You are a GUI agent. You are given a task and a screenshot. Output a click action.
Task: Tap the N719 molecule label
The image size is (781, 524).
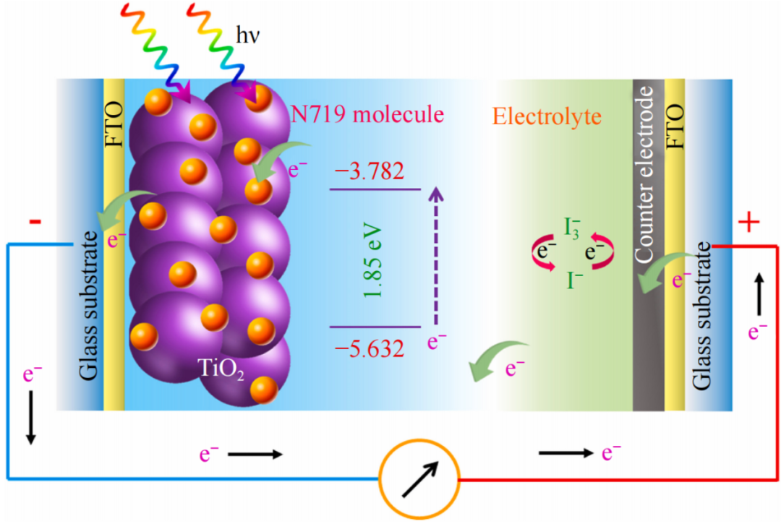[367, 114]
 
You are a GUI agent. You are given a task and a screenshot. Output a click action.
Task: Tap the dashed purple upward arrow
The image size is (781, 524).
[434, 257]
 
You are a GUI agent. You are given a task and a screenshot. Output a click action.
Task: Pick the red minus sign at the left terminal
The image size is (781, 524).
[35, 221]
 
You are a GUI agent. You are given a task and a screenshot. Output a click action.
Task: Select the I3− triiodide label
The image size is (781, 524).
[572, 231]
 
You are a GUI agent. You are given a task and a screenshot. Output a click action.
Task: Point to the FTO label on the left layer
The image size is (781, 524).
[114, 125]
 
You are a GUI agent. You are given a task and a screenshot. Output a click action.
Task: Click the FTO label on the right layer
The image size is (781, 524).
[674, 125]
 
